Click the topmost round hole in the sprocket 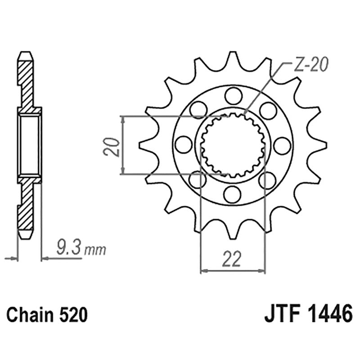tap(233, 95)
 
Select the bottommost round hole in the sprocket tap(233, 193)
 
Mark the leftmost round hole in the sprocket tap(183, 144)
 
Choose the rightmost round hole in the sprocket tap(282, 144)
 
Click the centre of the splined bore tap(233, 144)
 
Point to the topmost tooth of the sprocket tap(233, 57)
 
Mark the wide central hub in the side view tap(29, 144)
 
